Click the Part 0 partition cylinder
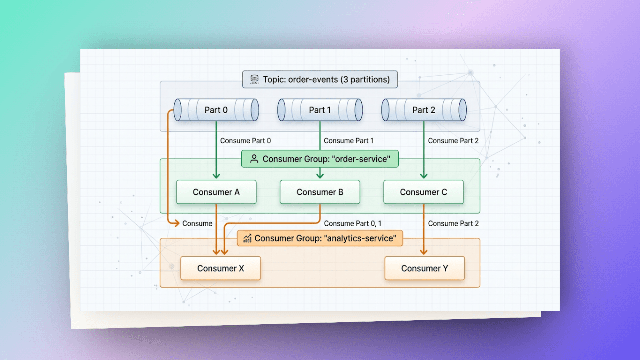tap(216, 110)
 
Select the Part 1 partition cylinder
tap(320, 110)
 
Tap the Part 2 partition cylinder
tap(424, 110)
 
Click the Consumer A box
tap(216, 192)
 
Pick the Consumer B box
tap(320, 192)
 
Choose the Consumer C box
tap(424, 192)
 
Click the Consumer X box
tap(221, 268)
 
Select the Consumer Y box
tap(425, 268)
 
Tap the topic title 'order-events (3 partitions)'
tap(339, 80)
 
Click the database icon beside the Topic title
tap(254, 79)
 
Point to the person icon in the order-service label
tap(254, 159)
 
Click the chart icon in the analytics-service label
tap(247, 238)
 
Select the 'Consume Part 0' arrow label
tap(245, 141)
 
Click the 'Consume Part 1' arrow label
tap(349, 141)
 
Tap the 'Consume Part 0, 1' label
tap(353, 223)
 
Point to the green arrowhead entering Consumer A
tap(216, 176)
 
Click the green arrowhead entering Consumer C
tap(424, 176)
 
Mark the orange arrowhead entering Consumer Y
tap(424, 252)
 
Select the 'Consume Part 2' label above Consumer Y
tap(453, 223)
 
